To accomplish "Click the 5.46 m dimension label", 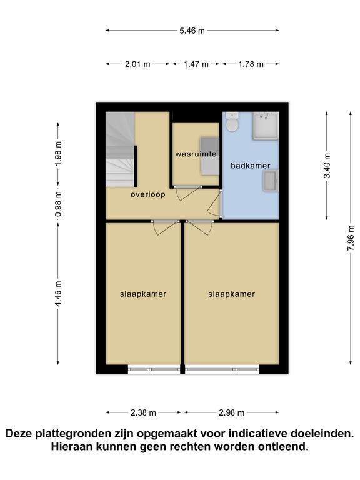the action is tap(192, 31).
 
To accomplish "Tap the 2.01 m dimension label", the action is tap(137, 64).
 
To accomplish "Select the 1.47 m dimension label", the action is tap(196, 64).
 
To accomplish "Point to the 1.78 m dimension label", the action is tap(251, 64).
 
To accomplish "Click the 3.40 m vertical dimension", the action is tap(327, 165).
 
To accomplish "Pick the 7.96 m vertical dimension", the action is tap(351, 238).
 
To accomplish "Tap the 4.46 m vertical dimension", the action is tap(58, 293).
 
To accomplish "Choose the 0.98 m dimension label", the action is tap(58, 204).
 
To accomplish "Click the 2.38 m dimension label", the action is tap(143, 412).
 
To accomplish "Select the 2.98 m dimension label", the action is tap(231, 412).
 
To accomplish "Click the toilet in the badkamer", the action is tap(232, 122).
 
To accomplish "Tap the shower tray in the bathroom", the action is tap(266, 126).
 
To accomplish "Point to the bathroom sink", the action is tap(271, 181).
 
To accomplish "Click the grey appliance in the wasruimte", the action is tap(210, 156).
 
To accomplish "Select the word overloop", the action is tap(148, 194).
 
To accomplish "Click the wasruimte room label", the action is tap(196, 154).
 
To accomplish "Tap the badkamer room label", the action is tap(251, 166).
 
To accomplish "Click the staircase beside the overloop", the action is tap(120, 149).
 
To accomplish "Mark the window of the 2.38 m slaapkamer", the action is tap(154, 369).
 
